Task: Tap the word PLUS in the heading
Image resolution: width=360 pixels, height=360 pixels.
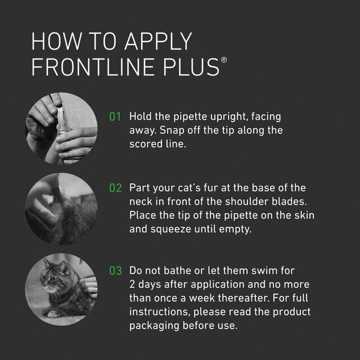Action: click(189, 66)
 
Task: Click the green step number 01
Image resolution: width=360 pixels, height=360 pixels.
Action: click(115, 117)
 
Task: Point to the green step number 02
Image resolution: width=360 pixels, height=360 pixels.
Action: click(115, 188)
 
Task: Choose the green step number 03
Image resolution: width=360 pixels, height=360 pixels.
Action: click(115, 271)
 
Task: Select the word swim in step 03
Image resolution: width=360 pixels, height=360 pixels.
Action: click(270, 271)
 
